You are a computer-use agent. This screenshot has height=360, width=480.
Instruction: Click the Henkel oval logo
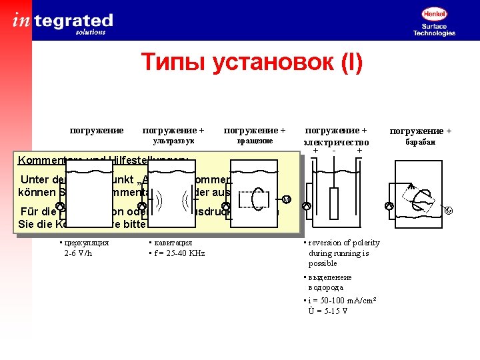coord(434,13)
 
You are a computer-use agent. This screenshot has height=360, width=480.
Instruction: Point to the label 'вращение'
coord(255,141)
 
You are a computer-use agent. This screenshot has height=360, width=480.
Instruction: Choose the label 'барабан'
coord(420,142)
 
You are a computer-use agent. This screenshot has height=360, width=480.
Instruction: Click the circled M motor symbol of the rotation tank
coord(286,199)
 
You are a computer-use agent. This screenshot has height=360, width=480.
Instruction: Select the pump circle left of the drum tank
coord(389,206)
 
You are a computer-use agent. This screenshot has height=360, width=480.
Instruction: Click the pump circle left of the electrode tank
coord(307,207)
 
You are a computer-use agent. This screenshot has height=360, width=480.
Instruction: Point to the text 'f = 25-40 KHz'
coord(179,253)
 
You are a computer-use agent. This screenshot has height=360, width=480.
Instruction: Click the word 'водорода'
coord(326,287)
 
